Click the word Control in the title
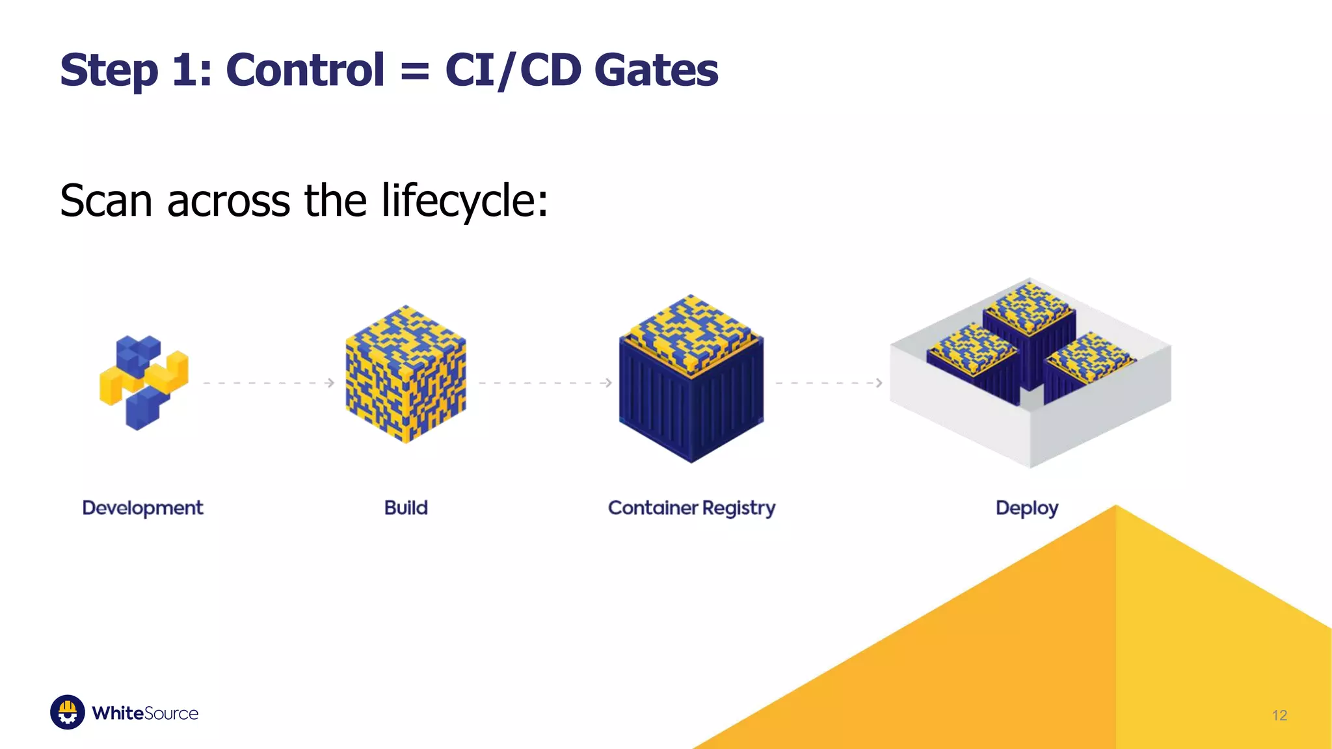tap(305, 70)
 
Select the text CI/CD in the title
tap(513, 70)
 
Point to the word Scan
tap(106, 201)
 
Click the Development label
tap(142, 508)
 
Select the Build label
tap(406, 508)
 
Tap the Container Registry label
tap(691, 508)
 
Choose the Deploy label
tap(1027, 508)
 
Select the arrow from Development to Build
tap(269, 383)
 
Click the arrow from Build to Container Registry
tap(545, 383)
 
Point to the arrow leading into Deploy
tap(829, 383)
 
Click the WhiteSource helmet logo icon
tap(68, 713)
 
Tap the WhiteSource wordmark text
tap(145, 713)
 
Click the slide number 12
tap(1279, 715)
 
